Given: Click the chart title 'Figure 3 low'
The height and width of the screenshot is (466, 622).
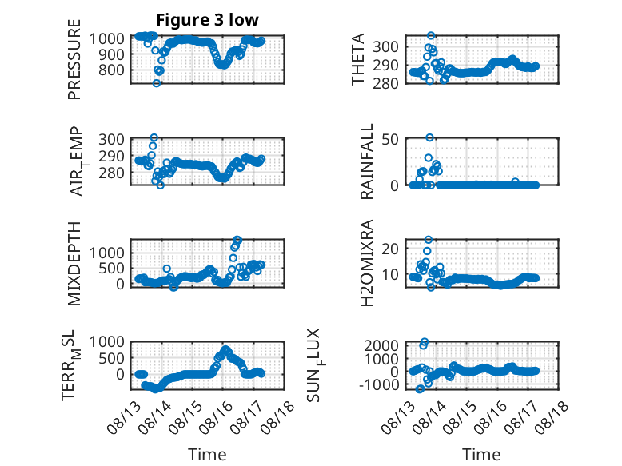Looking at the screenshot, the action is tap(207, 20).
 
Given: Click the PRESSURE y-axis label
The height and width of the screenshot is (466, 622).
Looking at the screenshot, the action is tap(74, 59).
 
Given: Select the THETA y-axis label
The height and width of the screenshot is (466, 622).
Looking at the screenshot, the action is tap(358, 59).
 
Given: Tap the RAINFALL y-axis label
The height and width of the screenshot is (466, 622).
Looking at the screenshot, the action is tap(366, 161).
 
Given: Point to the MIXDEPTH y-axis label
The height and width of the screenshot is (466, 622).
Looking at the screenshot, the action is tap(74, 264).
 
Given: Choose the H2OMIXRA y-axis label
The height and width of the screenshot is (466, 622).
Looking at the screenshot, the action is tap(366, 263).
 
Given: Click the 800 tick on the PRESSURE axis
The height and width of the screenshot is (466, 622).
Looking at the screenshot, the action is tap(111, 70).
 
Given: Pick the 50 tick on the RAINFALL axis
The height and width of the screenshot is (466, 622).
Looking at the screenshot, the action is tap(390, 139).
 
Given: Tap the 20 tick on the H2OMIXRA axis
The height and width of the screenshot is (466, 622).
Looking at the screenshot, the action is tap(390, 249).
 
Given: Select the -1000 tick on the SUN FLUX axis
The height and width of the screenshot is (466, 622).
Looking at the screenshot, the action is tap(379, 384).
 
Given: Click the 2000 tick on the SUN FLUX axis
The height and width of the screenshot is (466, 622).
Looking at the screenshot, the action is tap(381, 345).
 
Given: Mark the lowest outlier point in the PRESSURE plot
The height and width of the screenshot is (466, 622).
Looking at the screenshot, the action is tap(157, 83).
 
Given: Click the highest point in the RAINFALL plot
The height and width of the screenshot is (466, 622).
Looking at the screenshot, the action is tap(429, 137).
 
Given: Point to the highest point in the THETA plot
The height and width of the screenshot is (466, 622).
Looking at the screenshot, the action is tap(431, 35).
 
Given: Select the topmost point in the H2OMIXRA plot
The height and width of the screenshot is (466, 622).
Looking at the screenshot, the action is tap(428, 240).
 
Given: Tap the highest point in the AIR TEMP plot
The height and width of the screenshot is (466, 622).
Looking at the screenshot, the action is tap(154, 137).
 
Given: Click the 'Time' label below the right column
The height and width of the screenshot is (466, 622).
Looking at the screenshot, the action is tap(481, 455).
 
